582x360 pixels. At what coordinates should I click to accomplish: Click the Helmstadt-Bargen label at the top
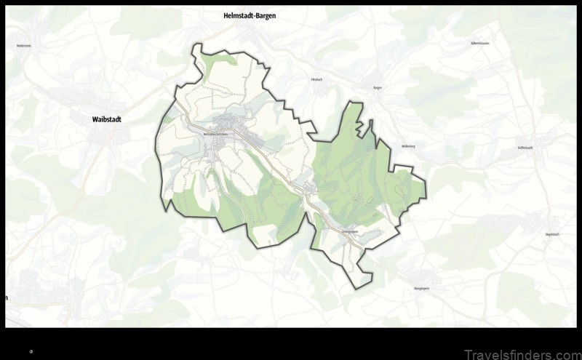[250, 15]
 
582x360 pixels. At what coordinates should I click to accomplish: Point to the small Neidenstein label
[23, 45]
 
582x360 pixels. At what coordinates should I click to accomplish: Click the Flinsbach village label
[316, 79]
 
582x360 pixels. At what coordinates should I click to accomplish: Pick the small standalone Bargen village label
[377, 87]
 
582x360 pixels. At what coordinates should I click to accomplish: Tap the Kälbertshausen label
[479, 44]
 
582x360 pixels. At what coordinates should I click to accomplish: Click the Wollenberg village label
[407, 145]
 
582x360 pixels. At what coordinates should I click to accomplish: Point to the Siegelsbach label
[551, 234]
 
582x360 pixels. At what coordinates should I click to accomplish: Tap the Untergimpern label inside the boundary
[350, 231]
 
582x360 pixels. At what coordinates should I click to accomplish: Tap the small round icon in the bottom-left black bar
[31, 351]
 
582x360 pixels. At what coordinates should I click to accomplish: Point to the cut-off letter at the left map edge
[7, 297]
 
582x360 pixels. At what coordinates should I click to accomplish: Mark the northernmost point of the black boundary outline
[196, 44]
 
